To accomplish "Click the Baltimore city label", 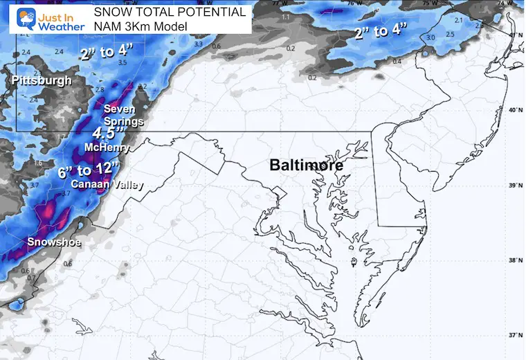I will (x=306, y=165).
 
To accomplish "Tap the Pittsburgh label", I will (x=41, y=81).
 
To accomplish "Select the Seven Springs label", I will (x=123, y=115).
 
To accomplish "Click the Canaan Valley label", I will (x=98, y=184).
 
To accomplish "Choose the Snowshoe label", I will (x=54, y=242).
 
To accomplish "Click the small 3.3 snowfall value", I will (x=199, y=44).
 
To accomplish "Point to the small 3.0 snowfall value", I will (x=430, y=37).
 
